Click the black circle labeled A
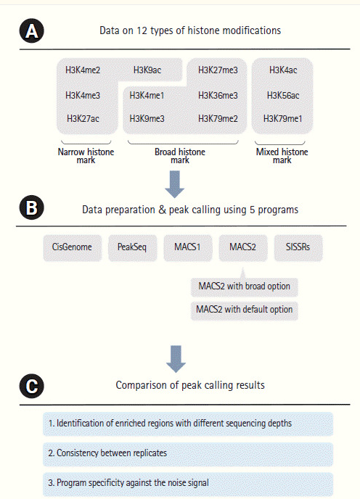pos(31,30)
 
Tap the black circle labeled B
pos(31,208)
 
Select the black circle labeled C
pos(31,386)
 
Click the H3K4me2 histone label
pos(83,70)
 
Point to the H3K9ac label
pos(147,70)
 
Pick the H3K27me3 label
pos(218,70)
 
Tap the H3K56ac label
pos(283,95)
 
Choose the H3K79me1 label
pos(282,119)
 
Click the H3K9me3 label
pos(147,119)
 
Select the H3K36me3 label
pos(218,95)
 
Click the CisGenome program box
pos(72,248)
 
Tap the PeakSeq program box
pos(132,248)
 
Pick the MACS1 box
pos(188,248)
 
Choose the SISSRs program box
pos(298,248)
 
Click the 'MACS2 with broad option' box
pos(245,286)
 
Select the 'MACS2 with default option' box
pos(245,310)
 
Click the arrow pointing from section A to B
pos(175,184)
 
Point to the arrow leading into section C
pos(176,359)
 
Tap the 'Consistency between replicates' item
pos(188,453)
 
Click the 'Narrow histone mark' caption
pos(86,156)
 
